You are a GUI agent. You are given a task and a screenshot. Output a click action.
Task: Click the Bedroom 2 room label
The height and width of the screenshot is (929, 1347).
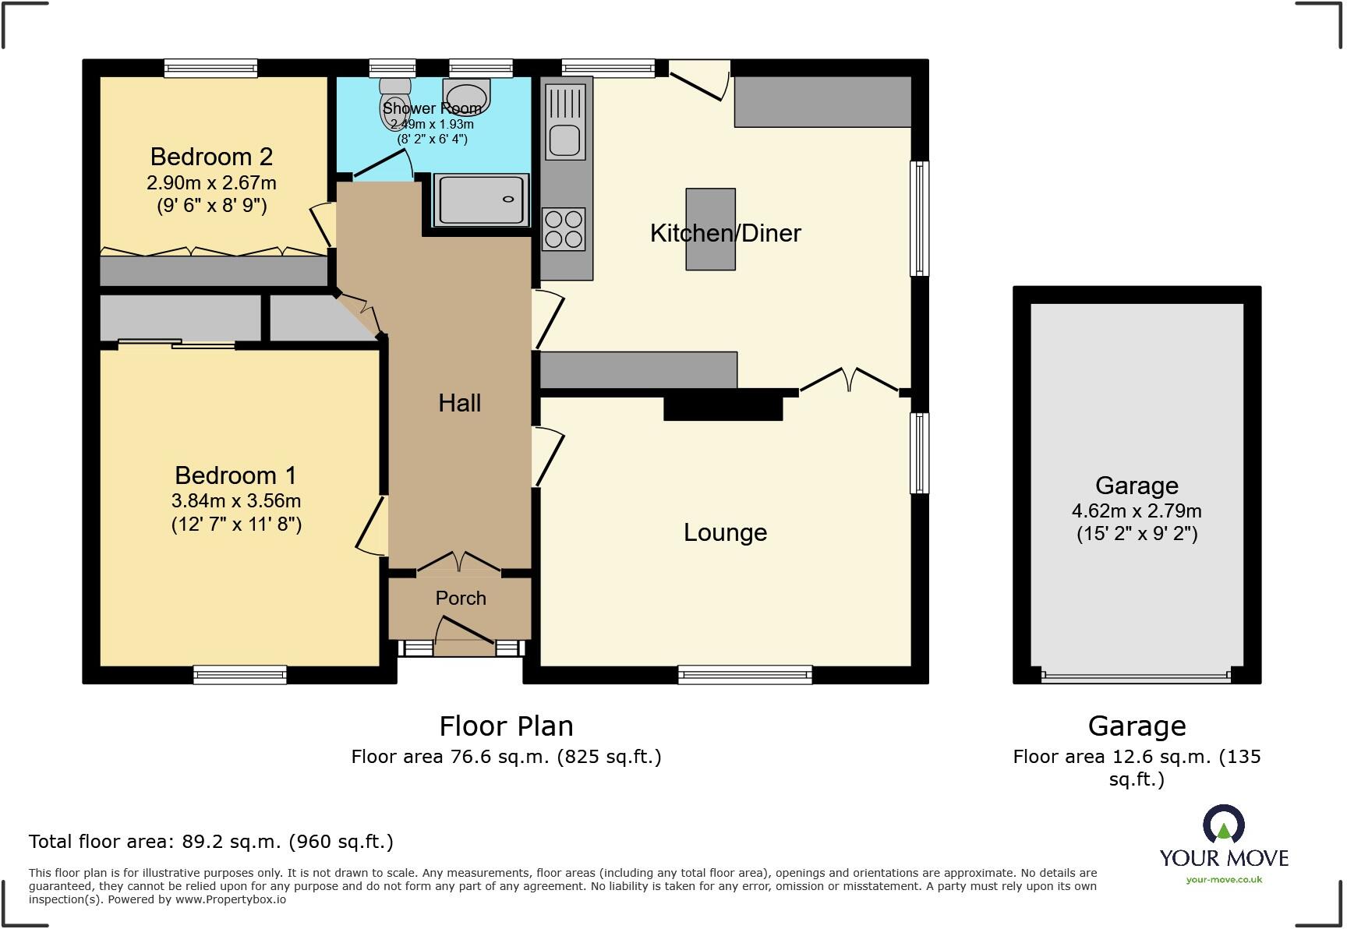[x=211, y=157]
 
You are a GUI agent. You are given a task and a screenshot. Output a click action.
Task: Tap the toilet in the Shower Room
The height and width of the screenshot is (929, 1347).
[x=394, y=103]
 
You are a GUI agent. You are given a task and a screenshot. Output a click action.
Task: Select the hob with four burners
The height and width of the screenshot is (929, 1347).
[x=564, y=229]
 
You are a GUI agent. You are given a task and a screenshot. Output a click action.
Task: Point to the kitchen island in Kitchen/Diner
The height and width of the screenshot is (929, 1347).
[x=710, y=228]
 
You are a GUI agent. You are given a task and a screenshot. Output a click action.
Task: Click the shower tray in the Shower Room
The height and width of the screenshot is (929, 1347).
[x=481, y=200]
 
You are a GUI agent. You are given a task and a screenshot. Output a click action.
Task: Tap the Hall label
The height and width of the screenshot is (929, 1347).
[x=459, y=403]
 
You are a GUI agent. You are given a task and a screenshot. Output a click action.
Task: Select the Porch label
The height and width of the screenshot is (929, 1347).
[x=461, y=598]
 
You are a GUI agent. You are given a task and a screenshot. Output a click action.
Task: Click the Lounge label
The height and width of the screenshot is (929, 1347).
[x=725, y=532]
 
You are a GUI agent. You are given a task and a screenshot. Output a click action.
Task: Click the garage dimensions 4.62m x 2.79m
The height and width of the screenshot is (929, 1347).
[x=1136, y=511]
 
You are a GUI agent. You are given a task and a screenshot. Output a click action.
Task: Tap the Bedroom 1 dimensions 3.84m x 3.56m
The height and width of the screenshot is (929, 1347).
[x=236, y=501]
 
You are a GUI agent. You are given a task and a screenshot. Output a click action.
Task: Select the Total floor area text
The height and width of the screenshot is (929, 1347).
[x=210, y=842]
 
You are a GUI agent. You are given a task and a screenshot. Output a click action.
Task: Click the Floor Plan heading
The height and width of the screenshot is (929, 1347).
[x=506, y=726]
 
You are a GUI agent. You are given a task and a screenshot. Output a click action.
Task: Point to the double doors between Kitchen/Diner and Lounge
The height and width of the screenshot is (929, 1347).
[x=850, y=380]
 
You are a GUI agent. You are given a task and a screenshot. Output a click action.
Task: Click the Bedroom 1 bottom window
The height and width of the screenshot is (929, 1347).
[x=240, y=674]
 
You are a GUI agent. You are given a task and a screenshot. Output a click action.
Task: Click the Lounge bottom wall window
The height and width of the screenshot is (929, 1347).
[x=744, y=674]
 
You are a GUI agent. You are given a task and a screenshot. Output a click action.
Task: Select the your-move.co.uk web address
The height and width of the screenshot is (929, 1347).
[x=1224, y=880]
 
